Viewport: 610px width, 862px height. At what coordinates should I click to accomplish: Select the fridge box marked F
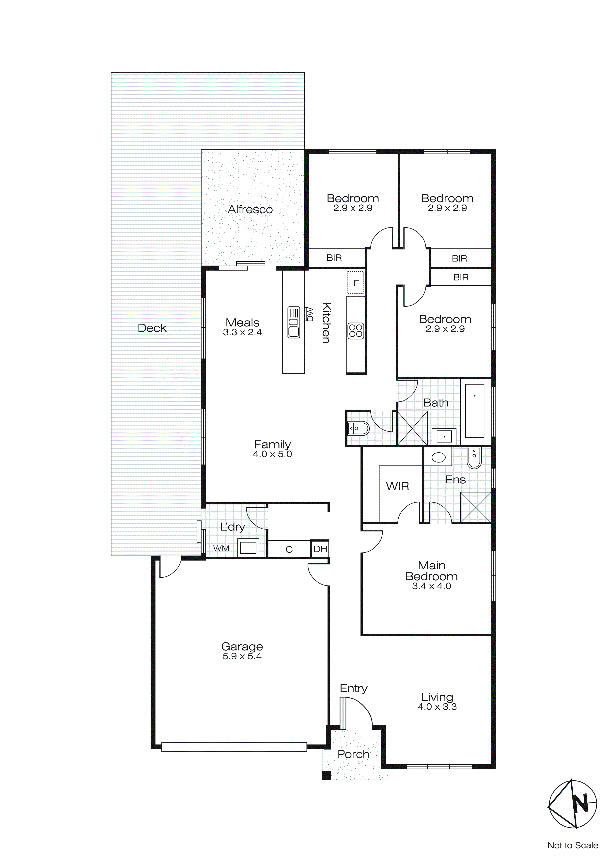(356, 282)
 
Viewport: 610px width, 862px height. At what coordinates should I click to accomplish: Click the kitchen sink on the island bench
(294, 322)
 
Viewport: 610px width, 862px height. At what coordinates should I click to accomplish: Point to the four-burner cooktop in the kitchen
(355, 331)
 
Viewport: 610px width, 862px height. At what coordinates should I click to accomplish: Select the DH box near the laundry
(320, 549)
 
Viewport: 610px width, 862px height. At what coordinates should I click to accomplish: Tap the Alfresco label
(250, 210)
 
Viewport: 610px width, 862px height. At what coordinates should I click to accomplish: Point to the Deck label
(152, 328)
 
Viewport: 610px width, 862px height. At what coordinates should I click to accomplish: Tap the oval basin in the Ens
(439, 457)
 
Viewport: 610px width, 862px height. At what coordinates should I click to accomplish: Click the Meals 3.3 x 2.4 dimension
(242, 332)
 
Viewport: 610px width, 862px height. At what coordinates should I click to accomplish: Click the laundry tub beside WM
(248, 548)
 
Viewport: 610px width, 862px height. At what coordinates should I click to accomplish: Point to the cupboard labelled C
(289, 550)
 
